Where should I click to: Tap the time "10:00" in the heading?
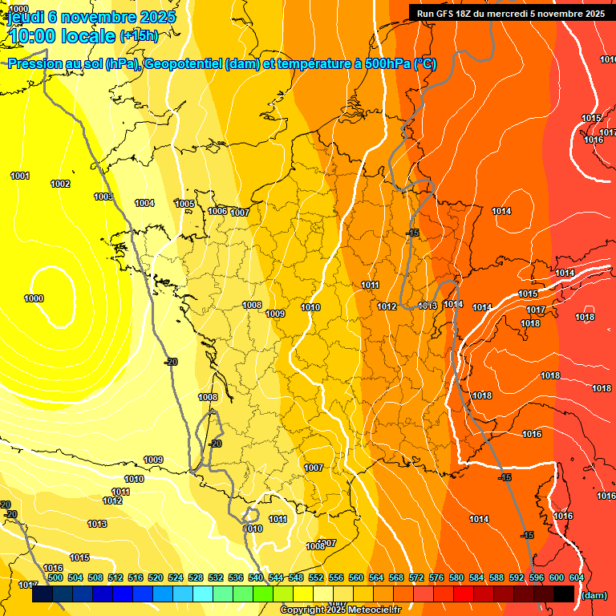point(31,36)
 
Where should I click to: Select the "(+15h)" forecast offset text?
point(139,36)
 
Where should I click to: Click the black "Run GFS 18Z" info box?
point(510,13)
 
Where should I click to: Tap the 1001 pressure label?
point(20,176)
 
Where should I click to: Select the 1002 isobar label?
point(60,184)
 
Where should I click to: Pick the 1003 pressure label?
point(103,197)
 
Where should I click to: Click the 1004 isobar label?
point(144,203)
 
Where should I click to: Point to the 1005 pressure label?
point(184,204)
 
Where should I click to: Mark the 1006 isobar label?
point(217,211)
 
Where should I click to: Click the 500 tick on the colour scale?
point(55,577)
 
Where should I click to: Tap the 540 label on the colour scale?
point(256,577)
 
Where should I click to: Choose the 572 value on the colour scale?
point(416,577)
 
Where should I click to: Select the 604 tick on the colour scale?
point(576,577)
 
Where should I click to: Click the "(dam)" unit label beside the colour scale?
point(594,595)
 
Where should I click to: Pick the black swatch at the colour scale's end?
point(564,594)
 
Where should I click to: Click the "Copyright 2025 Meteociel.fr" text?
point(340,610)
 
